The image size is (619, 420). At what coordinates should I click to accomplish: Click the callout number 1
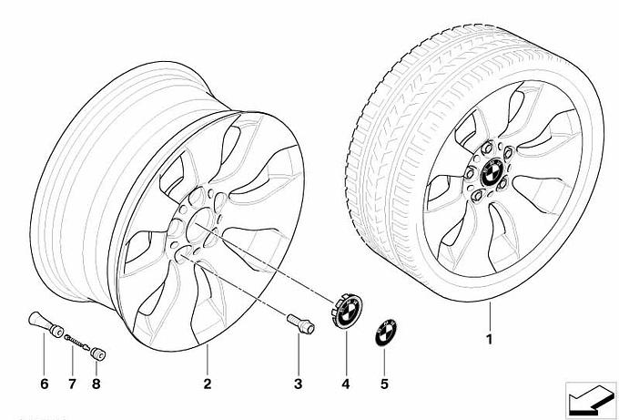click(490, 339)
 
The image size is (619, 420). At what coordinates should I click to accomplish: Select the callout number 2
click(208, 384)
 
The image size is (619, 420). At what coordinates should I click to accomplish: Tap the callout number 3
click(298, 384)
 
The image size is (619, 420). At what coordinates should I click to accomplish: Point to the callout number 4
click(346, 384)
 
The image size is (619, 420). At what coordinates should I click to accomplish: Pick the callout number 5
click(384, 384)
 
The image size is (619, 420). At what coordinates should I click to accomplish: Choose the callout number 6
click(45, 384)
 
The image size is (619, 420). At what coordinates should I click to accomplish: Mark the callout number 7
click(72, 384)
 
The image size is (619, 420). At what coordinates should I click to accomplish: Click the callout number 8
click(96, 384)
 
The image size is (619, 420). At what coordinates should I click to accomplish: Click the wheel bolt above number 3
click(300, 324)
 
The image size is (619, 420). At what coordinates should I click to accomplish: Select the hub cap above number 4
click(347, 310)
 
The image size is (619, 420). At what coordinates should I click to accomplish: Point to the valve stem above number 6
click(46, 324)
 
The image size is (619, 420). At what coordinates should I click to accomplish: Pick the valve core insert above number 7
click(76, 342)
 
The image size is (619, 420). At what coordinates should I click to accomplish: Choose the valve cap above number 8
click(98, 354)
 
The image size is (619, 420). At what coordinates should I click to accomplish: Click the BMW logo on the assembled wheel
click(491, 174)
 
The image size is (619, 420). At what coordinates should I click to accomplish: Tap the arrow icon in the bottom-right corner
click(591, 399)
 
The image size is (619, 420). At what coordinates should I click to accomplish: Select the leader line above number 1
click(490, 316)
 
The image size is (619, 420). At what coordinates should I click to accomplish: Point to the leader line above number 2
click(207, 360)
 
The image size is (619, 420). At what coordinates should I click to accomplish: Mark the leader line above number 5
click(384, 362)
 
